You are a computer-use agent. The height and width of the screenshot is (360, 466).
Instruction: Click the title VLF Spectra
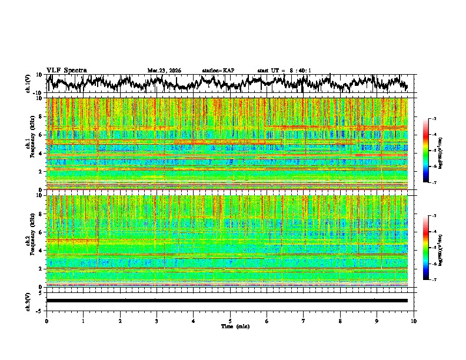pyautogui.click(x=66, y=70)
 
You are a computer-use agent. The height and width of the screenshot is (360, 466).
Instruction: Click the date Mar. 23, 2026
pyautogui.click(x=164, y=71)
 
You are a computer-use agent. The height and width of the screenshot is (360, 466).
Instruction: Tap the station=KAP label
pyautogui.click(x=218, y=71)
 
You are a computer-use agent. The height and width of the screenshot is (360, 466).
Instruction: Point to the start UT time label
pyautogui.click(x=284, y=71)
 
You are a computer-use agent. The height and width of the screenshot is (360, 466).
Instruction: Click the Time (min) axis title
pyautogui.click(x=230, y=326)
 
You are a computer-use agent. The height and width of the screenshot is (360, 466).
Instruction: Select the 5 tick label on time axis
pyautogui.click(x=230, y=321)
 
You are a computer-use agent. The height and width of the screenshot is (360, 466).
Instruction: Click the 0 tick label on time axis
pyautogui.click(x=46, y=321)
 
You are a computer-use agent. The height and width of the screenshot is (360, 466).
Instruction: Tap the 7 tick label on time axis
pyautogui.click(x=304, y=321)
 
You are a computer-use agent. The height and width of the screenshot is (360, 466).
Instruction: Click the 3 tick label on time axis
pyautogui.click(x=157, y=321)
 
